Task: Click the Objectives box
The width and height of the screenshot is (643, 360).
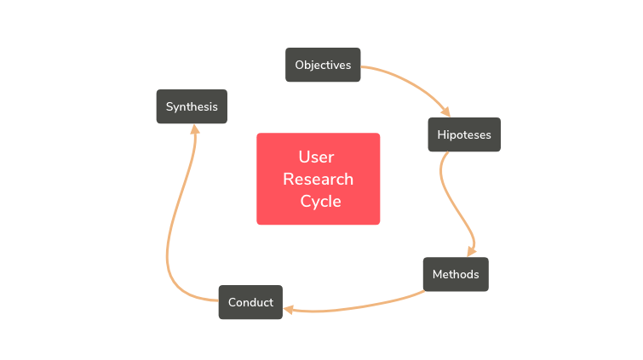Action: coord(323,65)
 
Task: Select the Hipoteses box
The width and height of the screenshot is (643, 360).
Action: coord(464,134)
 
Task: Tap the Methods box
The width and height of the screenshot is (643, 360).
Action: coord(456,274)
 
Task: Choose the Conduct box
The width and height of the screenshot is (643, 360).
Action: coord(250,302)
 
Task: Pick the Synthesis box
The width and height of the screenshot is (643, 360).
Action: coord(192,106)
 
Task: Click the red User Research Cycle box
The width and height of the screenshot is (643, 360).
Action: coord(318,179)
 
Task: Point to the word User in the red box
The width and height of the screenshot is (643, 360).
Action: coord(316,157)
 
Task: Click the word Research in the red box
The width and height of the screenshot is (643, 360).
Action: coord(318,180)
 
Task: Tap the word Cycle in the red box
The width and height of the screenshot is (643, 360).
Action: coord(320,202)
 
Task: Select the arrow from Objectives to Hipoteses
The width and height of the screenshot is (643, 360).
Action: coord(417,81)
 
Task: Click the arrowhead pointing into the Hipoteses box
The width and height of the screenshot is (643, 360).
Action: coord(444,111)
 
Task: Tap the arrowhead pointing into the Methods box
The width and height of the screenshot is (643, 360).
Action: coord(470,252)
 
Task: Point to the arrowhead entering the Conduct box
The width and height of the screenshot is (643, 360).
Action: coord(289,310)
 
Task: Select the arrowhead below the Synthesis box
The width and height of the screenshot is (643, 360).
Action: coord(194,129)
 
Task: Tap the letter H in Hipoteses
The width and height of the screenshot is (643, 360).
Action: coord(441,134)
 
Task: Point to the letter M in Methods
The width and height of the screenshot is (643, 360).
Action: coord(437,274)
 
